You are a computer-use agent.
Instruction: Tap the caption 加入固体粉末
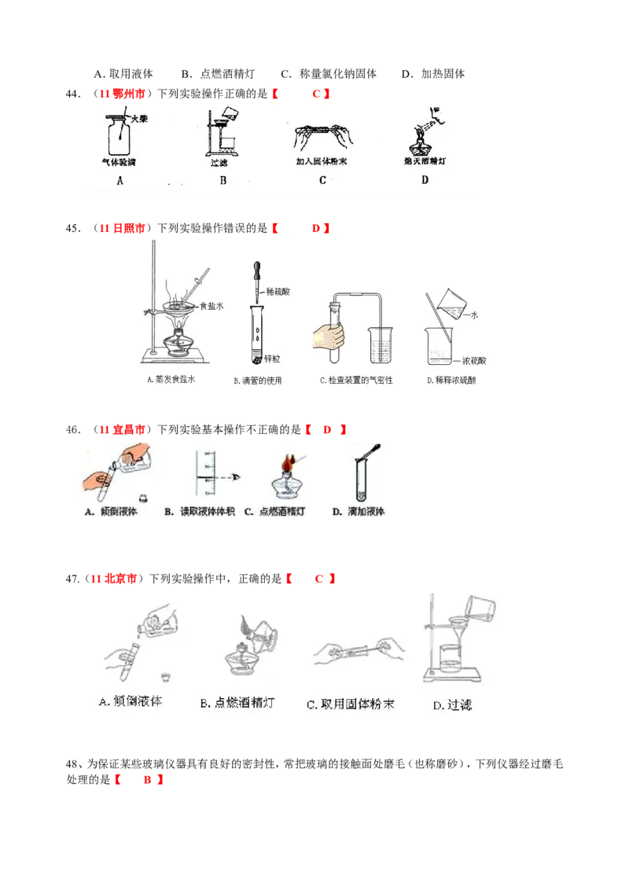click(322, 161)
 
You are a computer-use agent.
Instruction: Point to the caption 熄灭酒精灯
click(425, 161)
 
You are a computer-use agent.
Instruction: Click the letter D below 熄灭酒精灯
click(425, 180)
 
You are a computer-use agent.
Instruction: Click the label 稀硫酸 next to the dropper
click(281, 290)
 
